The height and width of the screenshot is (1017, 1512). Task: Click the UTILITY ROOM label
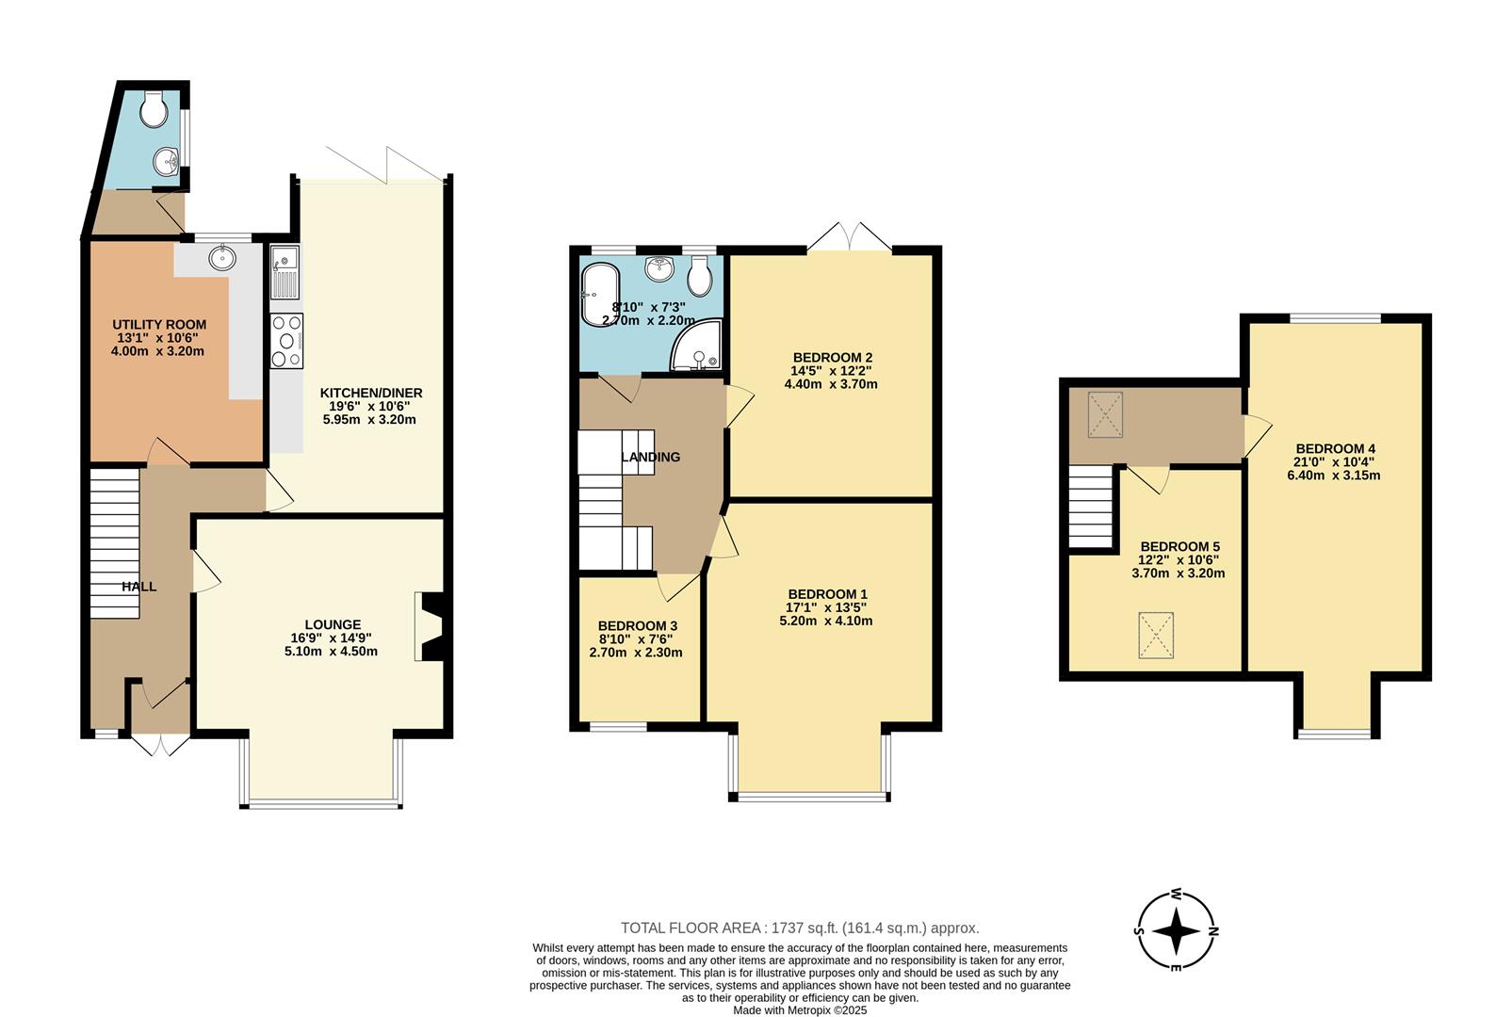(x=159, y=325)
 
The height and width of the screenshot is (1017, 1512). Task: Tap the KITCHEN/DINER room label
(x=370, y=394)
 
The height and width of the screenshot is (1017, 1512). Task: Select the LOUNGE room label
(x=332, y=624)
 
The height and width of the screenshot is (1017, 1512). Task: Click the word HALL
(x=138, y=587)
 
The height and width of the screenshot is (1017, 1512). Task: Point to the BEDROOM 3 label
(x=637, y=626)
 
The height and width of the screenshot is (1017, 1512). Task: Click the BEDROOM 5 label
(x=1179, y=547)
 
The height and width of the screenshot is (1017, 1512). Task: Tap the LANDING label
(x=650, y=458)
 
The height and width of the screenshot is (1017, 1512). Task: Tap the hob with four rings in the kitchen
(x=286, y=341)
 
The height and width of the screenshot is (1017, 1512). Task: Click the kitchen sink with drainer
(x=285, y=270)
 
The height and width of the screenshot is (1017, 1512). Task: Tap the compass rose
(x=1177, y=931)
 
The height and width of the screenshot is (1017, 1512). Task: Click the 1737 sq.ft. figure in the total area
(x=805, y=928)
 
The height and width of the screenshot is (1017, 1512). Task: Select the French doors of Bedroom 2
(x=851, y=236)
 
